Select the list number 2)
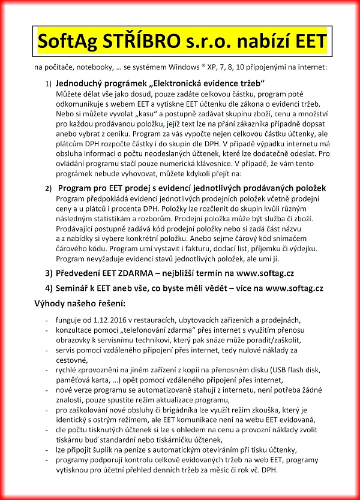[x=49, y=189]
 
